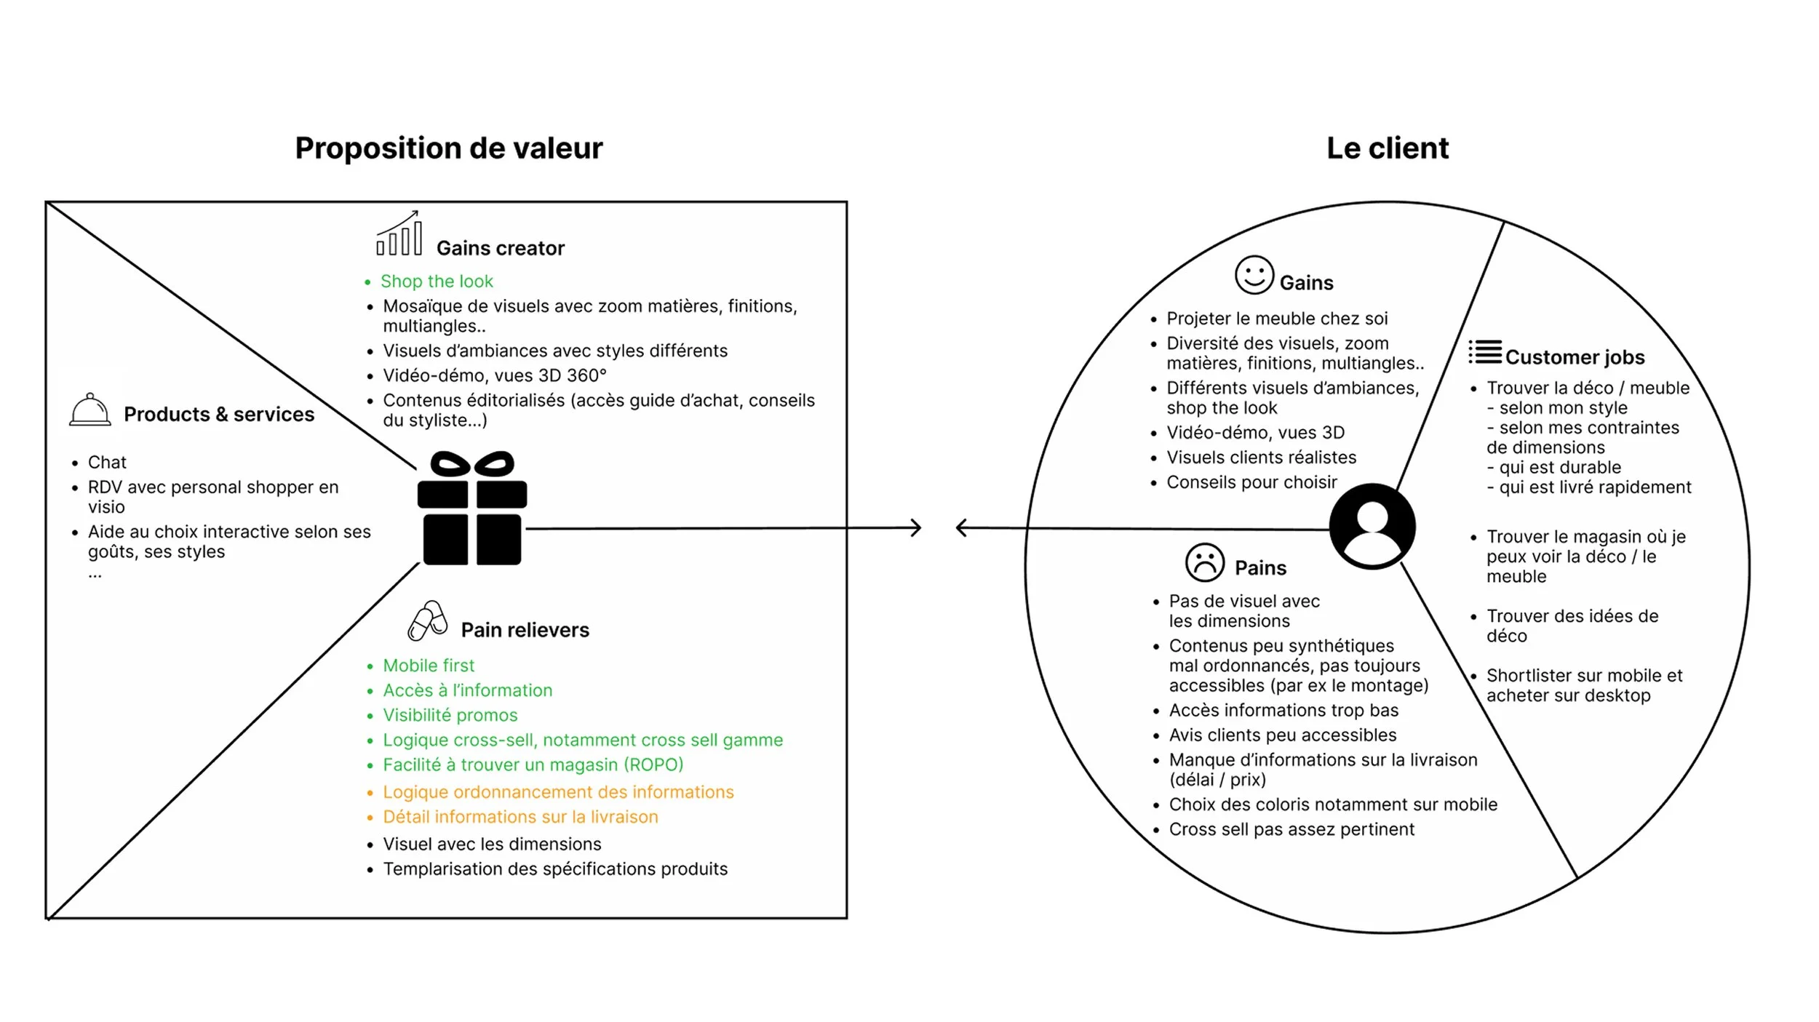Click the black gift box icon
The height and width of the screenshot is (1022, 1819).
click(x=472, y=508)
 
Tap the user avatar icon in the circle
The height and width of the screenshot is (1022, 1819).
click(x=1372, y=526)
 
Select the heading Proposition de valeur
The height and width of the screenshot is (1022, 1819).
click(x=449, y=148)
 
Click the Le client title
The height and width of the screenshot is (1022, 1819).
click(x=1387, y=148)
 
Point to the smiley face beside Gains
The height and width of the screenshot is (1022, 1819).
click(x=1254, y=275)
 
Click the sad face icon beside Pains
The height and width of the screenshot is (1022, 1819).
click(x=1204, y=562)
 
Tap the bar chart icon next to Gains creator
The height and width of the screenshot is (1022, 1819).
click(x=399, y=234)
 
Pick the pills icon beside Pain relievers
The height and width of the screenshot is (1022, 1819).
click(x=428, y=620)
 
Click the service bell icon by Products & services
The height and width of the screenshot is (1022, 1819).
click(x=90, y=410)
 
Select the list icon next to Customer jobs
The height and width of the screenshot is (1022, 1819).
click(x=1484, y=352)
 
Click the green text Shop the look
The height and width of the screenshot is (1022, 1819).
click(x=437, y=282)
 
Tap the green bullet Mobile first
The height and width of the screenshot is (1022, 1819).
click(x=429, y=666)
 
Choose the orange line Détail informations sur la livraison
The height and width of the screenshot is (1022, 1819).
click(x=520, y=817)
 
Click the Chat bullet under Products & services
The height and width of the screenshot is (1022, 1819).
click(x=107, y=463)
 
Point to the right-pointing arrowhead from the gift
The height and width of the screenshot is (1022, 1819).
click(x=915, y=527)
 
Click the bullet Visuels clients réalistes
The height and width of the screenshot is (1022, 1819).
click(x=1261, y=458)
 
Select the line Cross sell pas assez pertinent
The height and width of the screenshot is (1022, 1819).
click(x=1291, y=829)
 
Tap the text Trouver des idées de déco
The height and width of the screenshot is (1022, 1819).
click(x=1572, y=626)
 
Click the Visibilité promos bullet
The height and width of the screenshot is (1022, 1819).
click(x=450, y=715)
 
